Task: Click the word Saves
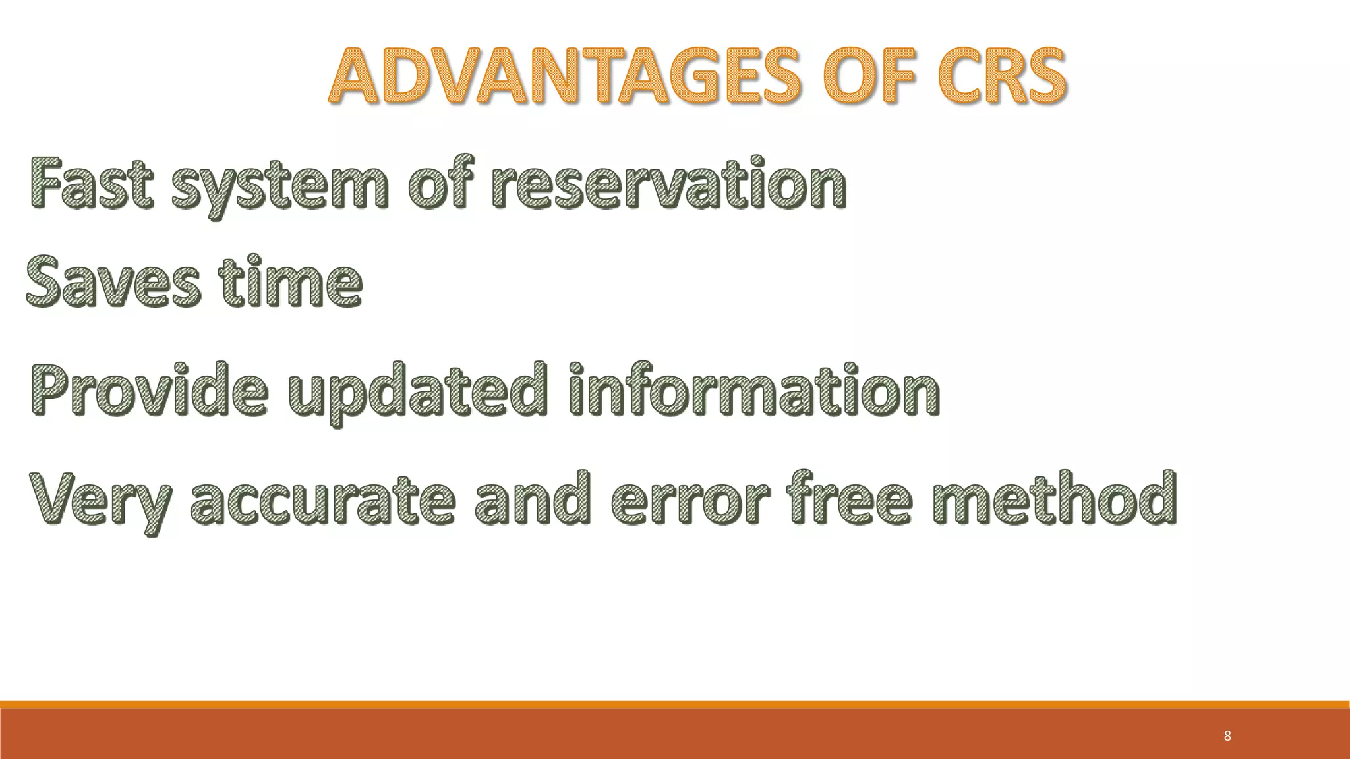112,283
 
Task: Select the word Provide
149,390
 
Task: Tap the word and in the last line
531,499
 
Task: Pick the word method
1054,498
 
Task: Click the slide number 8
1227,736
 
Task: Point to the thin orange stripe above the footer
675,704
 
